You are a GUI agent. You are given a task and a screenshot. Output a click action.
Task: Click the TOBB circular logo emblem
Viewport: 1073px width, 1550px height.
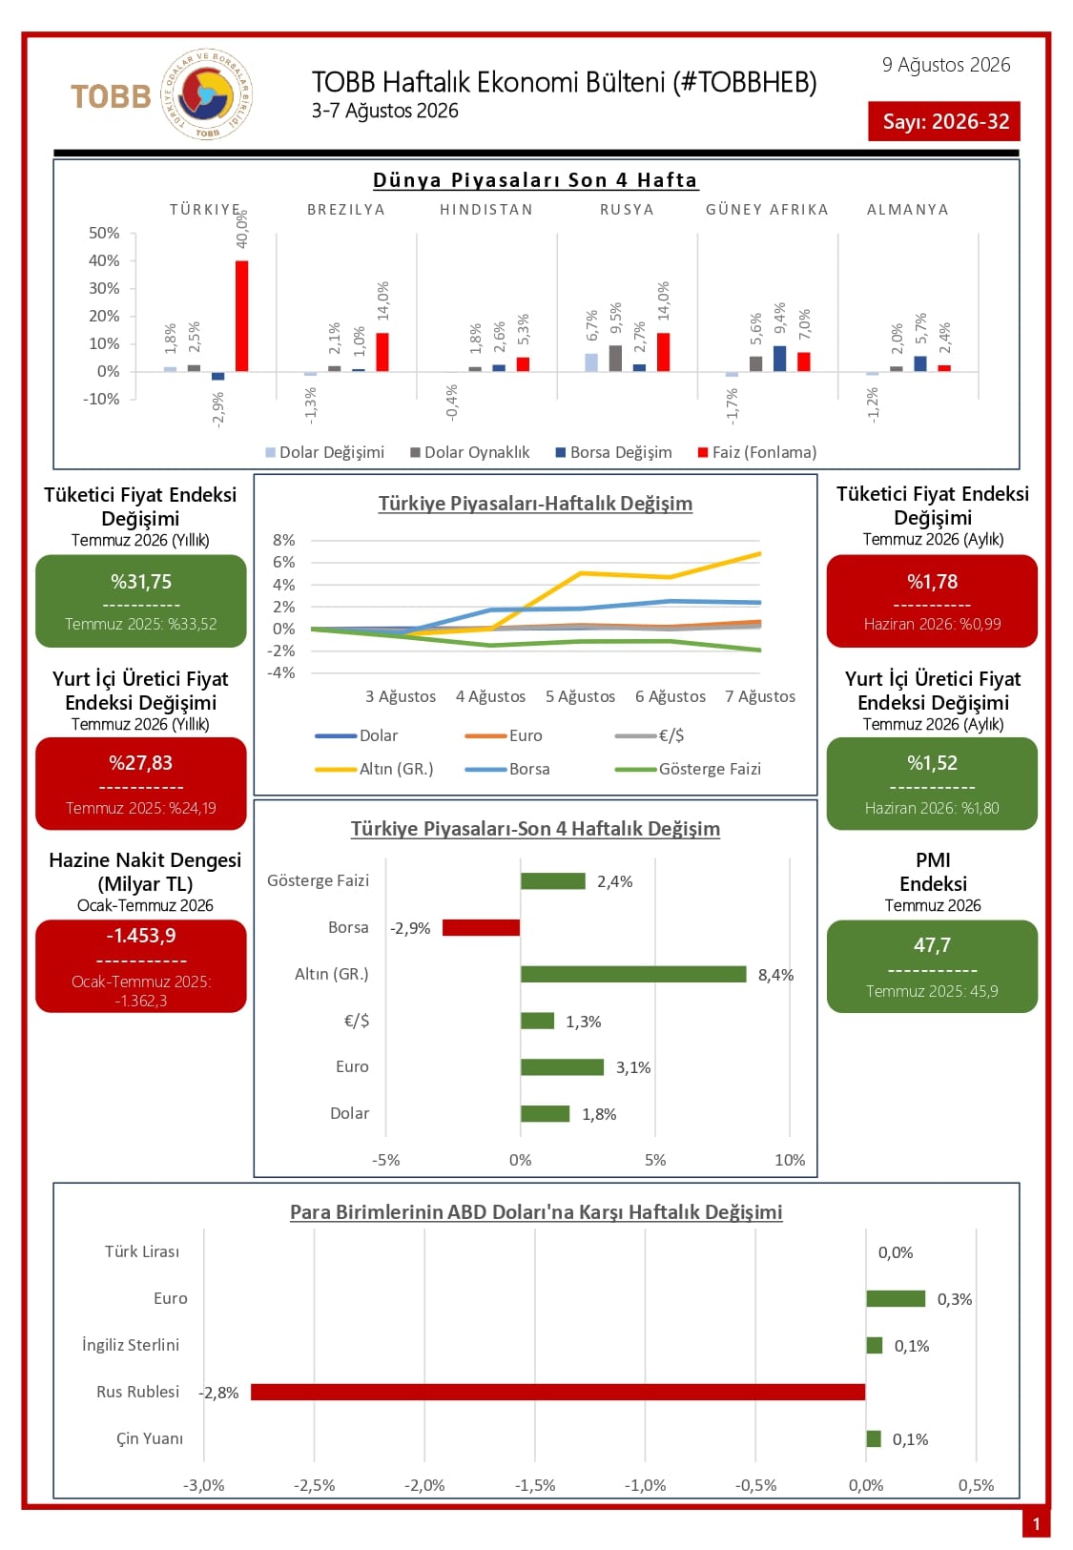click(206, 94)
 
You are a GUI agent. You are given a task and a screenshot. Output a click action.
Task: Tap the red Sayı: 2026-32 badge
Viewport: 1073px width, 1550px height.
click(944, 121)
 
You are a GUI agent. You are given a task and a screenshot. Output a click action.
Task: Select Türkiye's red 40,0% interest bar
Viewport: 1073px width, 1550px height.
click(241, 317)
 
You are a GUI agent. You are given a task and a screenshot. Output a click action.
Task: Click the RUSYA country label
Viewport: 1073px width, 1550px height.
click(627, 210)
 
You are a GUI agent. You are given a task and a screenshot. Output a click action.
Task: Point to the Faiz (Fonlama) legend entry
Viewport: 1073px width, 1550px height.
click(757, 452)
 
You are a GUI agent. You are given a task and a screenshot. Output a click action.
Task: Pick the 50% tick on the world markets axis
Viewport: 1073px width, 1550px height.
click(104, 233)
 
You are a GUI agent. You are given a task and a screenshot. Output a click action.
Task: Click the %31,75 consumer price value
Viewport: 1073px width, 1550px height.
click(141, 581)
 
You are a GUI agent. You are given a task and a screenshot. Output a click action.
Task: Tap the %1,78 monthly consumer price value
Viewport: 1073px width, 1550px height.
click(933, 581)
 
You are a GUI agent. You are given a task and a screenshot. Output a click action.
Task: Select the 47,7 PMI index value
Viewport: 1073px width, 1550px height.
click(933, 944)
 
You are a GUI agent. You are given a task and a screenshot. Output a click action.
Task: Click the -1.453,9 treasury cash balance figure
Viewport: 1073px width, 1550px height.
click(141, 936)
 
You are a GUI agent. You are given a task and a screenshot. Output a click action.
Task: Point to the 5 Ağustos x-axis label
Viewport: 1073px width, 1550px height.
click(581, 696)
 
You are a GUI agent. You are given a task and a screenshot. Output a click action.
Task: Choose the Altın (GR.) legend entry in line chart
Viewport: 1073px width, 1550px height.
click(374, 769)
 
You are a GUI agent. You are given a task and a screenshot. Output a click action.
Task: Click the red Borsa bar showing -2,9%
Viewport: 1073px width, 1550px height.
click(482, 927)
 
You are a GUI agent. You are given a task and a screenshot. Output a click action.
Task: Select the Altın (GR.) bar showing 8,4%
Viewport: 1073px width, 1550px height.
click(633, 974)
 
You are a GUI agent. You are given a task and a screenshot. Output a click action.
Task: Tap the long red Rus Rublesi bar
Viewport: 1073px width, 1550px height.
click(558, 1393)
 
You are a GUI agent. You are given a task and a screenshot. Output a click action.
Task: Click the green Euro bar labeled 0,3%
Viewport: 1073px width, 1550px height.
click(896, 1299)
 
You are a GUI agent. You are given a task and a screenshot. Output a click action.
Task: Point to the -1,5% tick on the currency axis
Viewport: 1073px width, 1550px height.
click(535, 1486)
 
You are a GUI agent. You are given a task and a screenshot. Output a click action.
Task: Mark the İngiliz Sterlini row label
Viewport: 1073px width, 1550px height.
click(131, 1345)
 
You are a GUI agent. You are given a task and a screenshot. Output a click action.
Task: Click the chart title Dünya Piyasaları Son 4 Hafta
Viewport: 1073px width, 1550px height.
click(535, 180)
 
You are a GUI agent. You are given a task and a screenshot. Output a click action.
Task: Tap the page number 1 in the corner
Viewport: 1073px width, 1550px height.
click(1037, 1523)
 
